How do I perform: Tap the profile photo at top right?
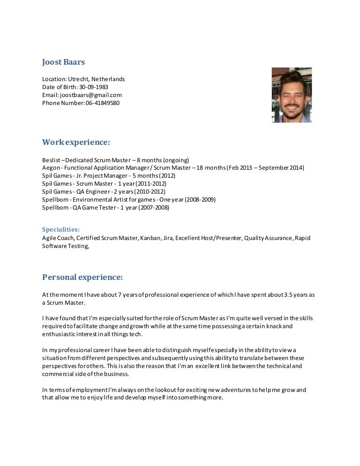(x=291, y=95)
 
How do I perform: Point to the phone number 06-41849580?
(x=103, y=103)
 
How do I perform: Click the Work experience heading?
(x=76, y=142)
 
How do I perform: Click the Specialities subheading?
(x=61, y=229)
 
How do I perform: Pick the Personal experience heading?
(x=82, y=277)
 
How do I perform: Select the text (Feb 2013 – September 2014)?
(x=265, y=168)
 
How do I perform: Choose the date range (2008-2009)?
(x=200, y=200)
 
